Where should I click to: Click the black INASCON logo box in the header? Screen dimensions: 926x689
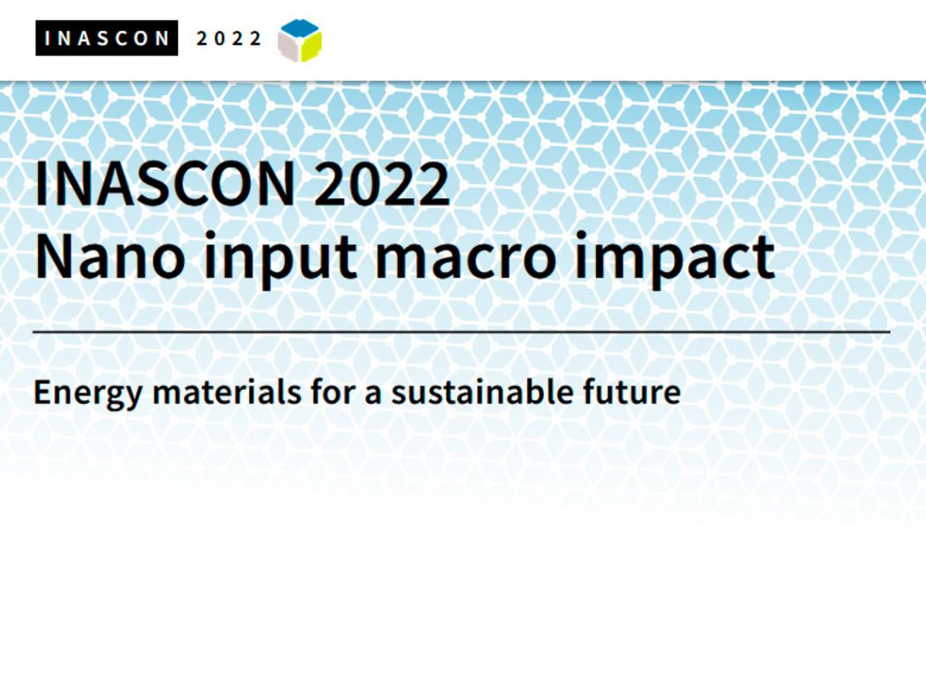pos(107,38)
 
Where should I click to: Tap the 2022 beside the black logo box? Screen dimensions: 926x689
pos(229,39)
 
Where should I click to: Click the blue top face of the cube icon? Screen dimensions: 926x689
pos(300,28)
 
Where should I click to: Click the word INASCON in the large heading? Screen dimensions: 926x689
pos(165,184)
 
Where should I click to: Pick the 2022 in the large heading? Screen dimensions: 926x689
pos(381,184)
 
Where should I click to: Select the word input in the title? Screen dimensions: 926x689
pos(280,260)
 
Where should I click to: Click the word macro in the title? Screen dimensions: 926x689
pos(466,260)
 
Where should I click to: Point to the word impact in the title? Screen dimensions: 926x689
pos(674,260)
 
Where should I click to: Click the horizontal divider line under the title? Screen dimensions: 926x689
pos(461,333)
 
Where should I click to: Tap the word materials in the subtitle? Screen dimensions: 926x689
pos(227,392)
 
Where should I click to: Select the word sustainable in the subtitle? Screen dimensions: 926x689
pos(481,392)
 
